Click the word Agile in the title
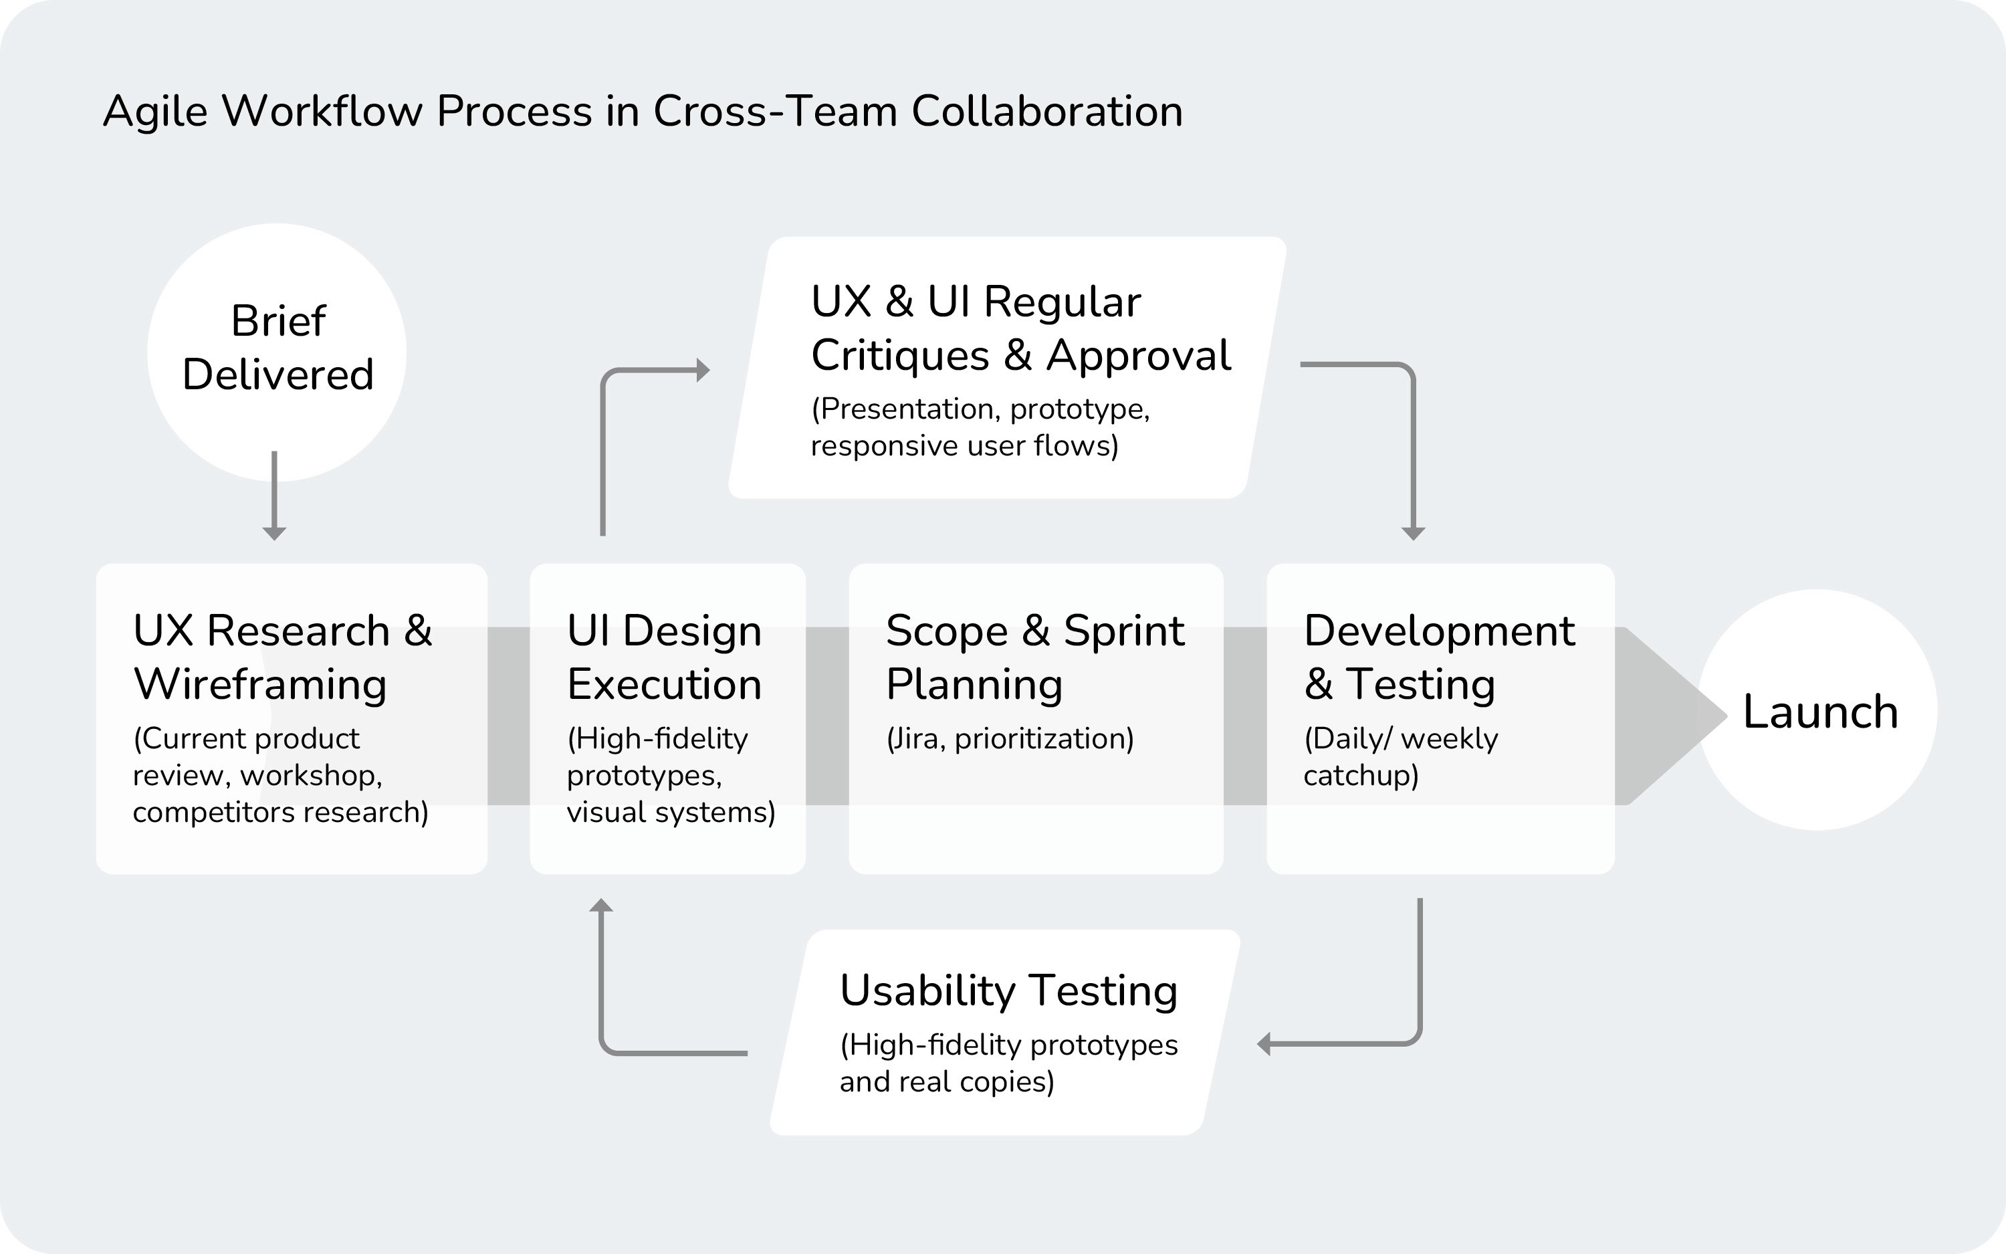pyautogui.click(x=155, y=112)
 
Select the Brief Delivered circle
pyautogui.click(x=277, y=352)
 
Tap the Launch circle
pyautogui.click(x=1818, y=710)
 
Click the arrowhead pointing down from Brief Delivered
pyautogui.click(x=274, y=533)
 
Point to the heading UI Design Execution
pyautogui.click(x=664, y=657)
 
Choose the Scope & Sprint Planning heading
pyautogui.click(x=1035, y=657)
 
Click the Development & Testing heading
pyautogui.click(x=1439, y=657)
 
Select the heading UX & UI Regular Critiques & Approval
pyautogui.click(x=1021, y=328)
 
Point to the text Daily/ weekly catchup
pyautogui.click(x=1401, y=756)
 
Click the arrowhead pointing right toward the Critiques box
pyautogui.click(x=703, y=370)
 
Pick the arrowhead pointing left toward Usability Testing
pyautogui.click(x=1264, y=1044)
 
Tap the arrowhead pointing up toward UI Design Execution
pyautogui.click(x=601, y=905)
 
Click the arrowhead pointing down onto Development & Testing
pyautogui.click(x=1414, y=533)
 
